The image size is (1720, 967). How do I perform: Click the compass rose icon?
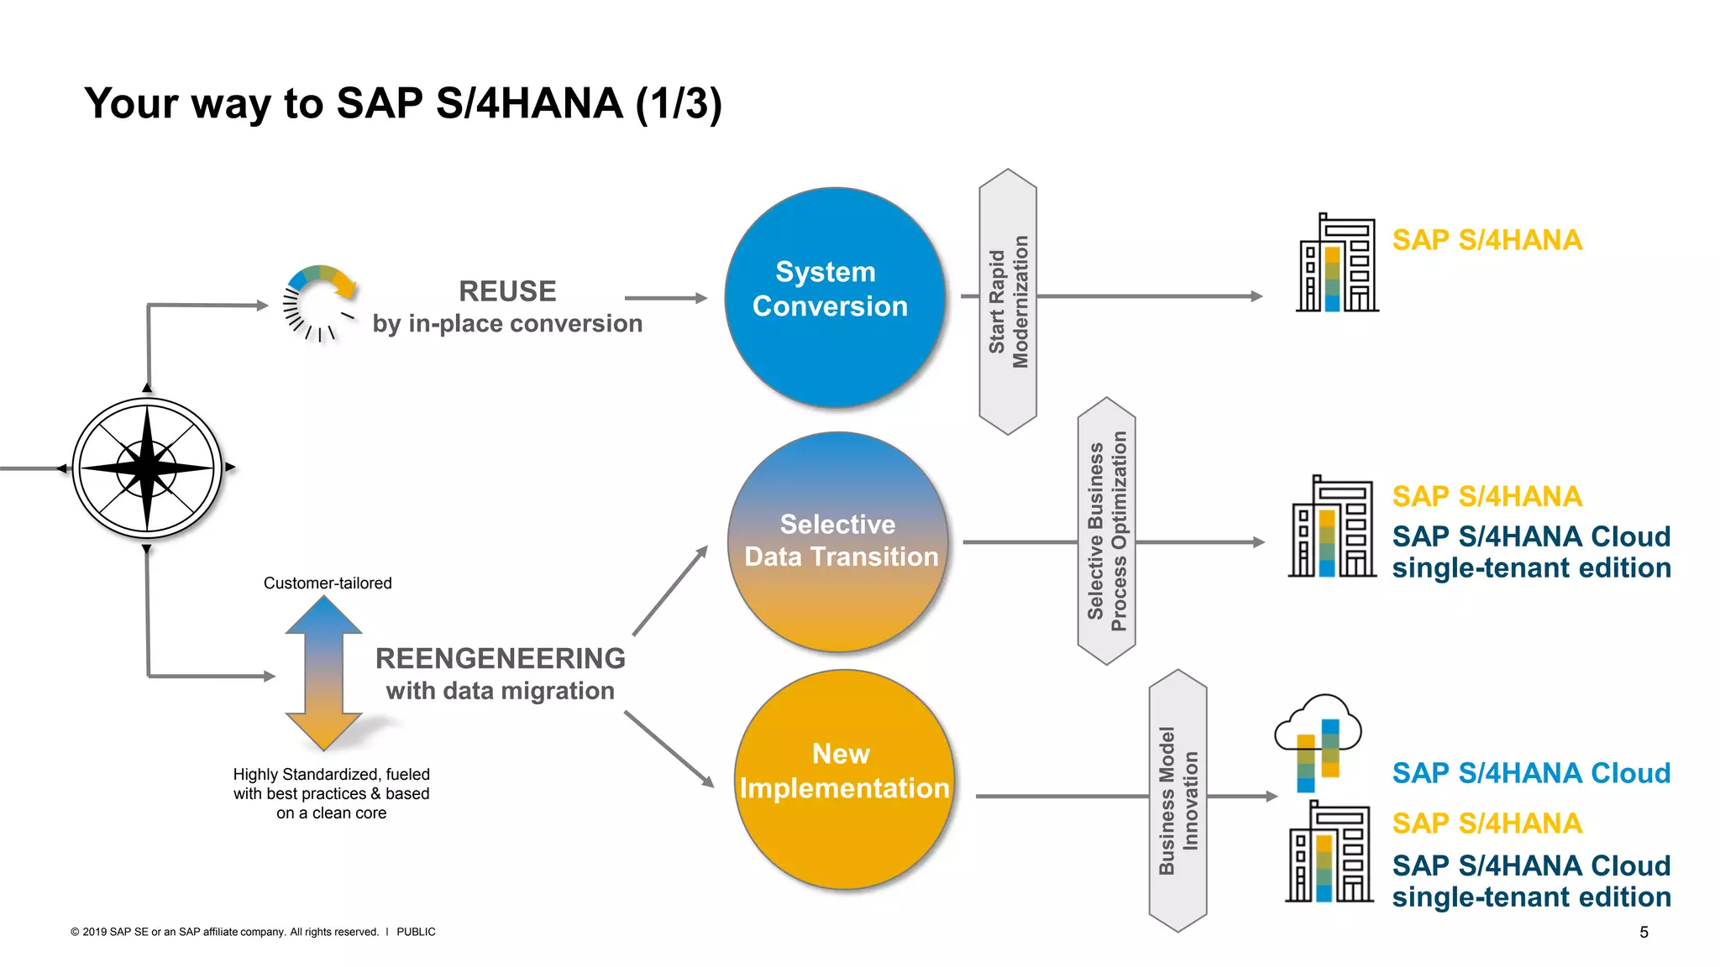click(147, 468)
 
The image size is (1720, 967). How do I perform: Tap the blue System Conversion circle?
click(834, 297)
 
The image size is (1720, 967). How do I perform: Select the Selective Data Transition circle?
click(838, 541)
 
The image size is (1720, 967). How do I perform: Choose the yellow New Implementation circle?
click(844, 779)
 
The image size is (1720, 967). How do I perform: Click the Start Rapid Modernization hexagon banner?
click(1008, 301)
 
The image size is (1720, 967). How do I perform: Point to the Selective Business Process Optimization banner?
click(1107, 531)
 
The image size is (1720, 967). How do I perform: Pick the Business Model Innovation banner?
click(1177, 800)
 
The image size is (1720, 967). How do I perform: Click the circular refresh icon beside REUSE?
click(320, 302)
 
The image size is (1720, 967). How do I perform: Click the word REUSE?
click(507, 291)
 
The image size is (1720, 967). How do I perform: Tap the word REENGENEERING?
click(501, 658)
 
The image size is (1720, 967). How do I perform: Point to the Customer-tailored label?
click(328, 583)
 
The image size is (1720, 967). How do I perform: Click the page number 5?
click(1644, 932)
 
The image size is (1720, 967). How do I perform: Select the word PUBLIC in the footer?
click(416, 932)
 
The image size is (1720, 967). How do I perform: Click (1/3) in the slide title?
click(679, 103)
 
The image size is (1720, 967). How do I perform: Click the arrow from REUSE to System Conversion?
click(666, 298)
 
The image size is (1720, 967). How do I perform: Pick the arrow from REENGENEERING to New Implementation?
click(669, 749)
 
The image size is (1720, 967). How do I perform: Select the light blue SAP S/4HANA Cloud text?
click(1531, 773)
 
